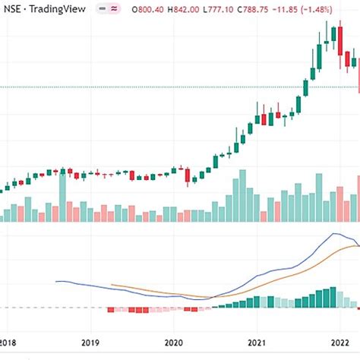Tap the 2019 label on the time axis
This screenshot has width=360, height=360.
(x=90, y=343)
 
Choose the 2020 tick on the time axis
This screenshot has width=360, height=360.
(x=175, y=343)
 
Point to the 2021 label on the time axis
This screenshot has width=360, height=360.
(x=259, y=343)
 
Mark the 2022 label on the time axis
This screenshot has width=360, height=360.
(x=341, y=343)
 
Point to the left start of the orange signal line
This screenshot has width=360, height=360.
(x=112, y=285)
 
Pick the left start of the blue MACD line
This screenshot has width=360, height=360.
(x=55, y=282)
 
